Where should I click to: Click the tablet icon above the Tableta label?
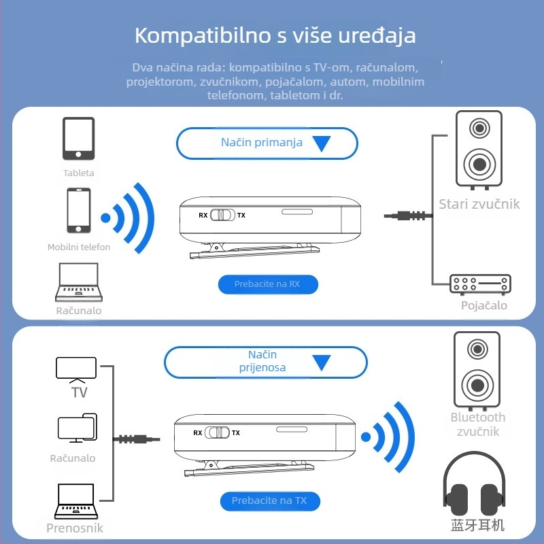[x=78, y=138]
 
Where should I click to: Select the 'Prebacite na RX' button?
[x=268, y=284]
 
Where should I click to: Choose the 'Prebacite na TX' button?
[x=269, y=501]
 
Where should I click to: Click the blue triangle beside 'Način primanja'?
[x=321, y=143]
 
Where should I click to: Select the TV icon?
[x=75, y=369]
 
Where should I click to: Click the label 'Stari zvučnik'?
[x=479, y=204]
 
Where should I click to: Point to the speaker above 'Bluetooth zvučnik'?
[x=477, y=369]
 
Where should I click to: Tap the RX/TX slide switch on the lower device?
[x=217, y=432]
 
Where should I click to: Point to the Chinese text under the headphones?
[x=477, y=525]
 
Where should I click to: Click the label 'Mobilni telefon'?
[x=79, y=248]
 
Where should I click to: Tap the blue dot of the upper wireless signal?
[x=105, y=218]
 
